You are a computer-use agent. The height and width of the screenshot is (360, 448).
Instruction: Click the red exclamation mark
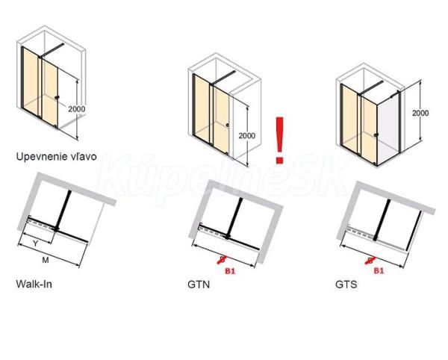(279, 140)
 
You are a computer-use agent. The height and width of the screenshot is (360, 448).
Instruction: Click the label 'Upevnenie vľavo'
(56, 157)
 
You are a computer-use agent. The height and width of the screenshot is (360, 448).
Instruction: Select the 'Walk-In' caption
(34, 284)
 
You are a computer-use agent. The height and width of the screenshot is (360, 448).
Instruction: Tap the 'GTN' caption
(199, 285)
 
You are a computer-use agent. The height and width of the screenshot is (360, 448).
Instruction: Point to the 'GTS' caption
(346, 285)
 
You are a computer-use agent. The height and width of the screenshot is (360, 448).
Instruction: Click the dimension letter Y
(35, 243)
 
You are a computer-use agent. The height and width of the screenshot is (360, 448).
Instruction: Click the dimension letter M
(46, 260)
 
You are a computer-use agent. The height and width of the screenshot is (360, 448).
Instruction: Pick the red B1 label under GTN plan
(230, 271)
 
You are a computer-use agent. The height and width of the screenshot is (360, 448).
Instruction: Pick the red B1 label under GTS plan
(379, 270)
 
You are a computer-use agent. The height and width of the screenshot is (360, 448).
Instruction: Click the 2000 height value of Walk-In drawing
(77, 109)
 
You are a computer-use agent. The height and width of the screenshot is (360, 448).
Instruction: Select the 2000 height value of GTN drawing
(247, 135)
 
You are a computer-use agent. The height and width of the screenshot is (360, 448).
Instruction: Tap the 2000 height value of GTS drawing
(420, 113)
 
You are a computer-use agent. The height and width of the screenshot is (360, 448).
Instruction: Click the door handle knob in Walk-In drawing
(57, 97)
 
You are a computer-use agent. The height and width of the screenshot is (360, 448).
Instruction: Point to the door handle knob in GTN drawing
(228, 125)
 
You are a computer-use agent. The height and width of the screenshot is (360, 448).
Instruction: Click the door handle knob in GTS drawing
(376, 135)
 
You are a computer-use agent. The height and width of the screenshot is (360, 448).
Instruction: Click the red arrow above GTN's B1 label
(223, 259)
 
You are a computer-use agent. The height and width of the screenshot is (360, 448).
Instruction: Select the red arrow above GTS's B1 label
(371, 260)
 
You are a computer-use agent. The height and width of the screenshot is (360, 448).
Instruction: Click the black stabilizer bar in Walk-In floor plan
(63, 209)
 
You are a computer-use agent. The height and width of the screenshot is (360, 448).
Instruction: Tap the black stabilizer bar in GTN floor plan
(234, 217)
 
